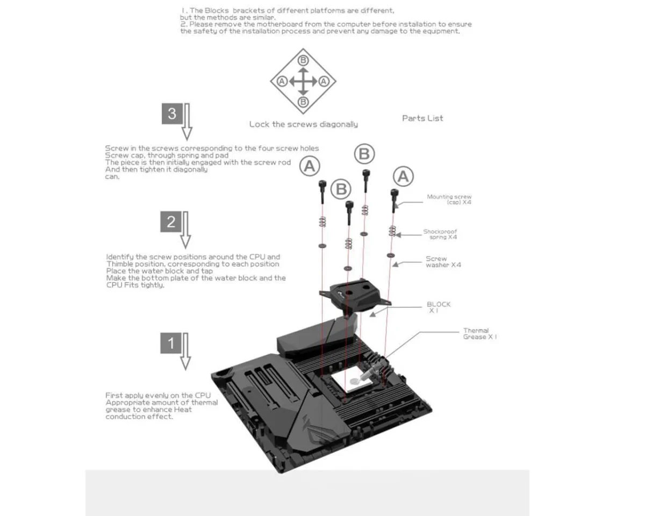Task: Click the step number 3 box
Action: coord(172,114)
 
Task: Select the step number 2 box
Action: coord(171,222)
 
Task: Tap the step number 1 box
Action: coord(171,343)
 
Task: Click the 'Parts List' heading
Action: coord(422,118)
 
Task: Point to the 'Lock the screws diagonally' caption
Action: coord(303,124)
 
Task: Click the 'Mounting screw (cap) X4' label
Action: coord(449,199)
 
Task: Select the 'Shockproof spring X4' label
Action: coord(440,234)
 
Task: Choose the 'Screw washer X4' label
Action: coord(443,262)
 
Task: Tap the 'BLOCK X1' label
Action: coord(439,307)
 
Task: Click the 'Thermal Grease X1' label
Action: coord(479,334)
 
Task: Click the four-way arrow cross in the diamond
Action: coord(303,82)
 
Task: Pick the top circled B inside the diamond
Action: coord(303,60)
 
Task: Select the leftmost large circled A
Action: coord(310,166)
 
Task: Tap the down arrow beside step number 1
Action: coord(185,352)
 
